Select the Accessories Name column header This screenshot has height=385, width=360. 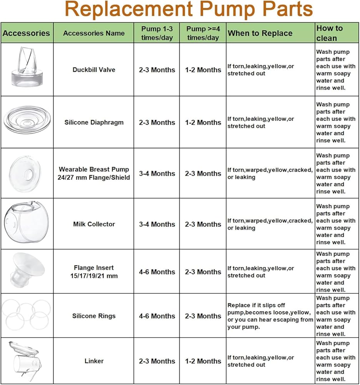(x=94, y=33)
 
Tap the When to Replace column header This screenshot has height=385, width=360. (x=260, y=33)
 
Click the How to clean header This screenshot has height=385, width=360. (x=329, y=33)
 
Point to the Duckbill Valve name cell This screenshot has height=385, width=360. (x=94, y=70)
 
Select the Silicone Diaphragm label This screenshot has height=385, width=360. (x=94, y=122)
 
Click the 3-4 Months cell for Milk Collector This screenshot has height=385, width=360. (x=157, y=224)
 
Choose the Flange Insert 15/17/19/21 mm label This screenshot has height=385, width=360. (x=94, y=272)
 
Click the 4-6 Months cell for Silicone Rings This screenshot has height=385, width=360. (x=157, y=316)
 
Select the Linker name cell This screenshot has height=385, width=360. (x=94, y=361)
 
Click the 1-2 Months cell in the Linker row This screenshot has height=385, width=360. (x=203, y=361)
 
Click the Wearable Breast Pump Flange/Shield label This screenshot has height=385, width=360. (x=94, y=173)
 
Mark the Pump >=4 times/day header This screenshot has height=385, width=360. (x=203, y=33)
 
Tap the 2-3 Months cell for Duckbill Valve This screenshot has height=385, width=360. (x=157, y=70)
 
